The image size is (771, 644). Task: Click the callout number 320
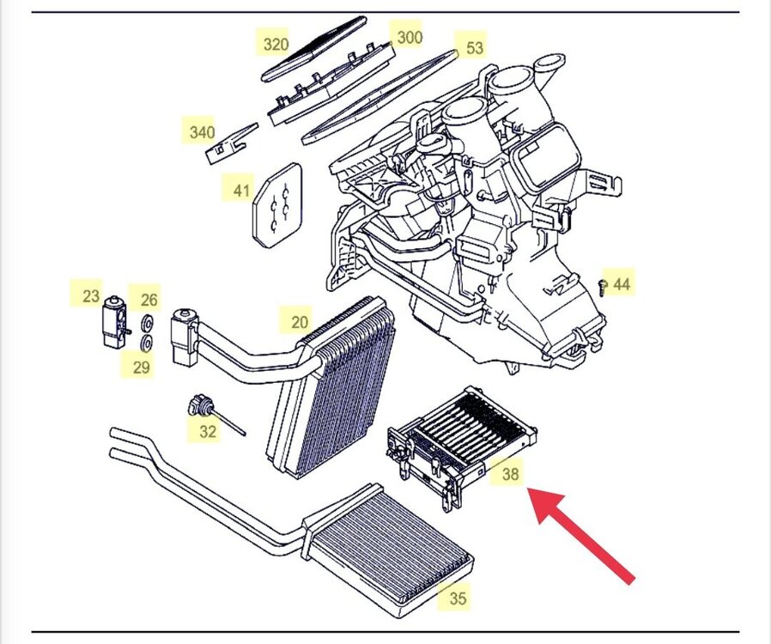276,44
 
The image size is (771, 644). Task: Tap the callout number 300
410,37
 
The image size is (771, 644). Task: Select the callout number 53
475,48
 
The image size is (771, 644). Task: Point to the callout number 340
202,133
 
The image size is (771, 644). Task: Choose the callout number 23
91,296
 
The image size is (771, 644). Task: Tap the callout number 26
149,300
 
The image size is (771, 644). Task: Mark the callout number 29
142,368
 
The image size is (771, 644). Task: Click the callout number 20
299,322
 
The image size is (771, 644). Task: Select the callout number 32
208,431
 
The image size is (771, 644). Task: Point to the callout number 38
511,473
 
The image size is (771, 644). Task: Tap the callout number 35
458,598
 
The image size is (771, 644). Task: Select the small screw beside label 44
603,287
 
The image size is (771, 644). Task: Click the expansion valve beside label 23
113,321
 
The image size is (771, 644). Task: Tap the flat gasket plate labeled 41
278,204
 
